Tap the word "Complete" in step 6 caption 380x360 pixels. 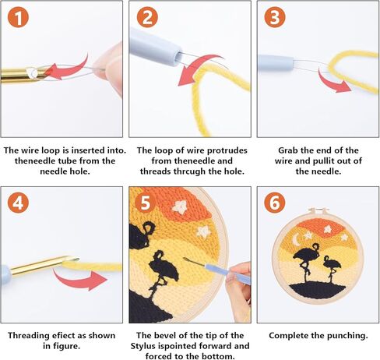291,335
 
